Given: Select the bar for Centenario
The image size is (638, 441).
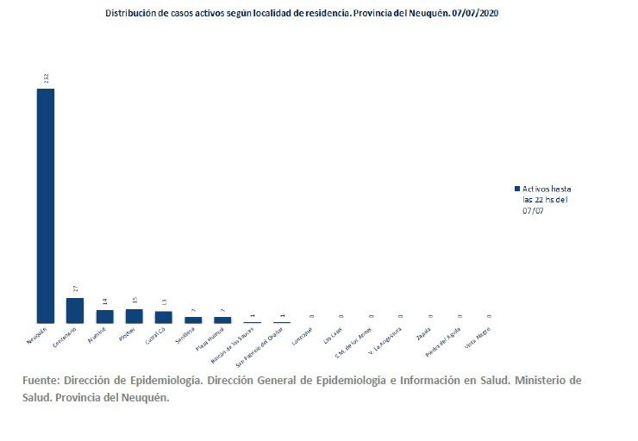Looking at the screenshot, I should coord(75,310).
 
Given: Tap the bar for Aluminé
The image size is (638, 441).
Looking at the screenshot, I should coord(104,316).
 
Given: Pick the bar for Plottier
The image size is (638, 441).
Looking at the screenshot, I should coord(134,315).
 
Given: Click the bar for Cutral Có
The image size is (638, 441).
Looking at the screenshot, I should coord(163,316).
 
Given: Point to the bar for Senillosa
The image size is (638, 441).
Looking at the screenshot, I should coord(193,320).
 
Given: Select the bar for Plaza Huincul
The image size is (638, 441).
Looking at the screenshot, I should coord(222,320).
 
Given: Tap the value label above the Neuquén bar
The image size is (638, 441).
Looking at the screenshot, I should coord(46,78).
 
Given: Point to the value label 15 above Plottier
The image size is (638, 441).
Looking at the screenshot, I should coord(134,300).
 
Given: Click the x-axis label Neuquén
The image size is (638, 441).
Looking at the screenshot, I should coord(36,337).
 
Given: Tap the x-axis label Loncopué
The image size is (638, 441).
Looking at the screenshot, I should coord(301,337).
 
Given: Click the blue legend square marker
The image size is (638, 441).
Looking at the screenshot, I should coord(516,188).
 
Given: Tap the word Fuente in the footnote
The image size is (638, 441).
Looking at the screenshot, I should coord(41,380).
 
